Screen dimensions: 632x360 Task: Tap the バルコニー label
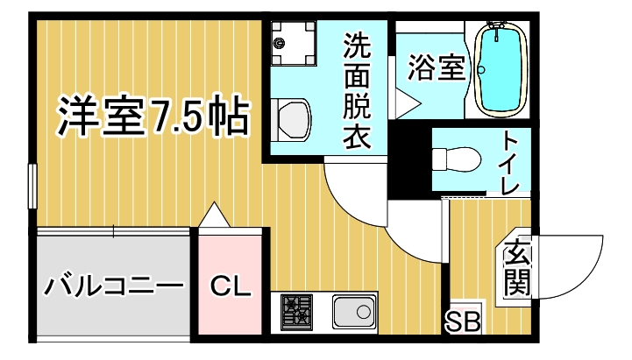[x=113, y=286]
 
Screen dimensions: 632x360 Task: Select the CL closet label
[x=231, y=286]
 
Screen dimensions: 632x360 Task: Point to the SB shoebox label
[x=463, y=321]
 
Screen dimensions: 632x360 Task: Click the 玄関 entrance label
[x=516, y=268]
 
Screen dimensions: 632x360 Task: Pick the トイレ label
[x=511, y=164]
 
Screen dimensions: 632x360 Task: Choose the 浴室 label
[x=437, y=67]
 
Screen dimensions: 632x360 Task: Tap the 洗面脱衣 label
[x=357, y=91]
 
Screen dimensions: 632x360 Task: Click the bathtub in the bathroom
[x=501, y=70]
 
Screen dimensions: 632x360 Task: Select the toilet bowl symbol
[x=457, y=160]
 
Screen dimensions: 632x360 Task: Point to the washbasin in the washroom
[x=291, y=120]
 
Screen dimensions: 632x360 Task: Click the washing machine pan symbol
[x=293, y=43]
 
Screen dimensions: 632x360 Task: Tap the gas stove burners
[x=296, y=312]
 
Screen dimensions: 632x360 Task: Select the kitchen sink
[x=354, y=311]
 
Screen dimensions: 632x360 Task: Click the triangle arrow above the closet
[x=215, y=215]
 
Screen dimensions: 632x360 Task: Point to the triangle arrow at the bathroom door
[x=408, y=104]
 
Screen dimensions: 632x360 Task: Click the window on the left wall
[x=32, y=186]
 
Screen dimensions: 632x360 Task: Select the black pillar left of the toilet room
[x=409, y=163]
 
